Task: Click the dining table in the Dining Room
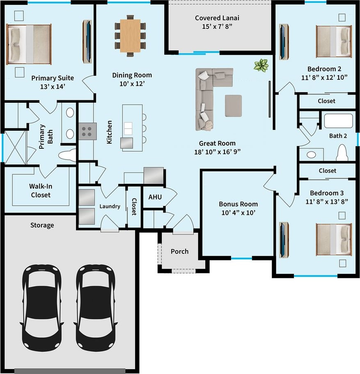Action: pos(130,36)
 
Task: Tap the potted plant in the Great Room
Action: pos(261,65)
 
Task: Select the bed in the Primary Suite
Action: pos(29,44)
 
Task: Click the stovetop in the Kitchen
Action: pos(88,132)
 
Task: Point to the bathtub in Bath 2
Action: pos(339,121)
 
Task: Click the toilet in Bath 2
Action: pos(342,152)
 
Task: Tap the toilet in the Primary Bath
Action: pos(67,155)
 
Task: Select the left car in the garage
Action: pos(42,308)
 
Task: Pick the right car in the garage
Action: pos(96,308)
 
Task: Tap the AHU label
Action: pos(155,197)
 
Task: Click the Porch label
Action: pos(180,252)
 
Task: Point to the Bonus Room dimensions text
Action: pos(238,212)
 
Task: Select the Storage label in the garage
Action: pos(42,225)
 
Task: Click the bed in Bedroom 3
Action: pos(334,240)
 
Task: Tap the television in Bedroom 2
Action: pos(284,42)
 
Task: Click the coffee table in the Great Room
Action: pos(234,106)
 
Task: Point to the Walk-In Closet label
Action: pos(40,191)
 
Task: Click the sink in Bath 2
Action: pos(311,155)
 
